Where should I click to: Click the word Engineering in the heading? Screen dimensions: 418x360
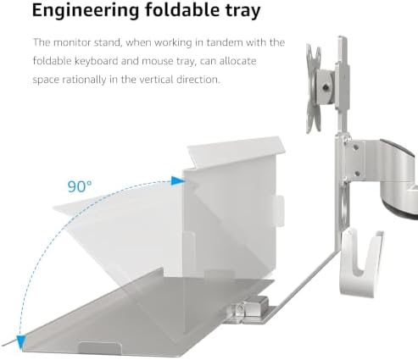(86, 11)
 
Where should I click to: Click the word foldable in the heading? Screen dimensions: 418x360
(182, 10)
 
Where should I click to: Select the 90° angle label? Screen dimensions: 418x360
(80, 186)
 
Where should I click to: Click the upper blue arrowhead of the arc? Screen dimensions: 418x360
(178, 180)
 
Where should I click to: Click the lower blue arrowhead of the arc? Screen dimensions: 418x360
(21, 342)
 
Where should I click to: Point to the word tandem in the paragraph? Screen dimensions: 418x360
(225, 42)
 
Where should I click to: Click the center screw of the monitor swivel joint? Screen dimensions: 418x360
(326, 88)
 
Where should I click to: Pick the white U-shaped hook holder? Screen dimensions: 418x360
(360, 263)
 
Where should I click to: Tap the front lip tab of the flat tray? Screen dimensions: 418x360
(100, 347)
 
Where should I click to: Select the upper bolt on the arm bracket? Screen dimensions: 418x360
(355, 147)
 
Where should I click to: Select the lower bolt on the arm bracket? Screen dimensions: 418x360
(357, 173)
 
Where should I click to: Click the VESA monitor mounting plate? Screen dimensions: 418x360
(313, 89)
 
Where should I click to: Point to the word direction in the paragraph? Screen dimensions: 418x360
(198, 80)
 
